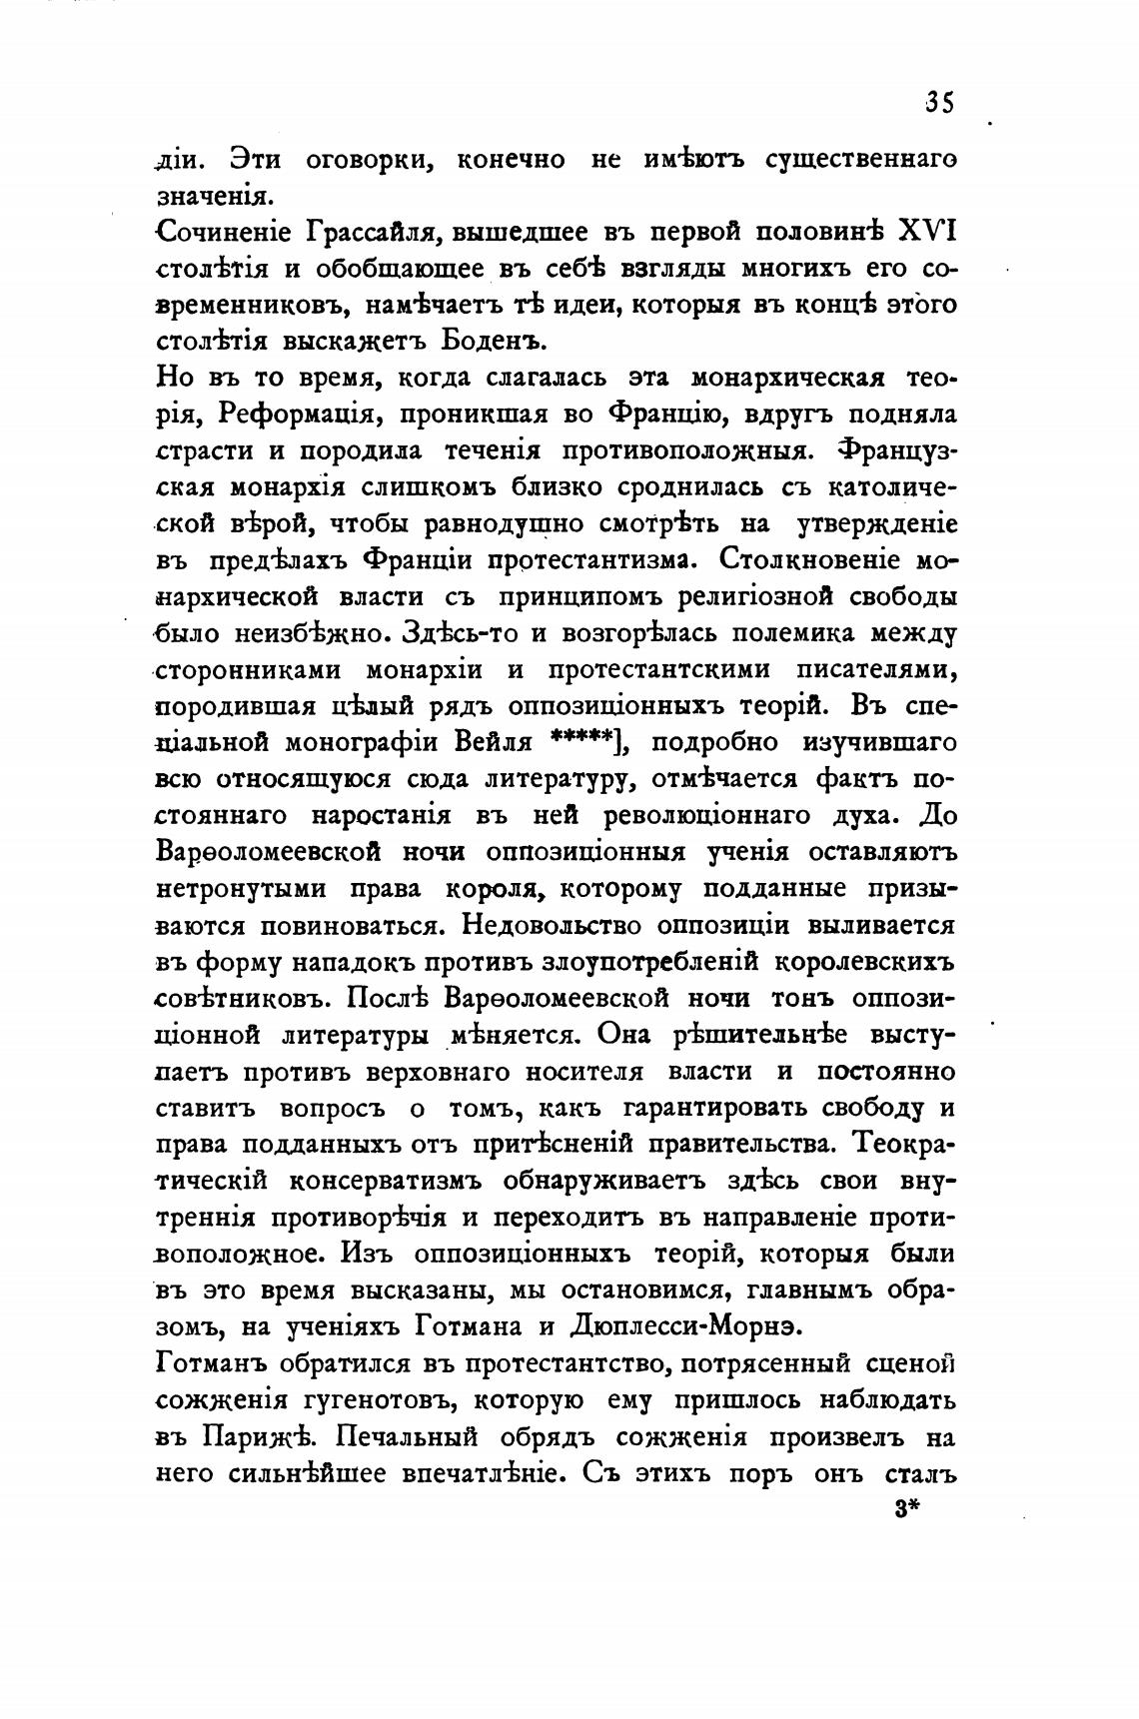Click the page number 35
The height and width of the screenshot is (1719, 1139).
coord(939,103)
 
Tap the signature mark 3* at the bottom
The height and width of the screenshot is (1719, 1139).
coord(906,1511)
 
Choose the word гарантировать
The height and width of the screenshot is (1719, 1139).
coord(714,1109)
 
